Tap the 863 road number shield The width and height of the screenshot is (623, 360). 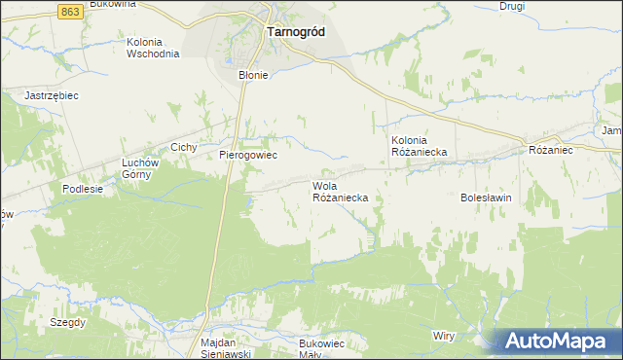tap(69, 10)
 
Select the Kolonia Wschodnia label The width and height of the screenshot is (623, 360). tap(153, 48)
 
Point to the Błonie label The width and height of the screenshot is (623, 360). tap(253, 74)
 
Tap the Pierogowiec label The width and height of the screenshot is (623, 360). tap(248, 155)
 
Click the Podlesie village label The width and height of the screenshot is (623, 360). tap(83, 189)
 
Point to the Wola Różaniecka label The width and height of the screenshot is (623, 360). tap(340, 191)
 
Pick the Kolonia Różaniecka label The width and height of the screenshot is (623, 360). tap(419, 146)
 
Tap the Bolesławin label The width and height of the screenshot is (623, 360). tap(486, 197)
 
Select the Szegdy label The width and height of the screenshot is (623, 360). tap(69, 321)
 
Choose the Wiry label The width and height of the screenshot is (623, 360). tap(444, 335)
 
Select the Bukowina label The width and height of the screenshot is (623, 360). tap(112, 5)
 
